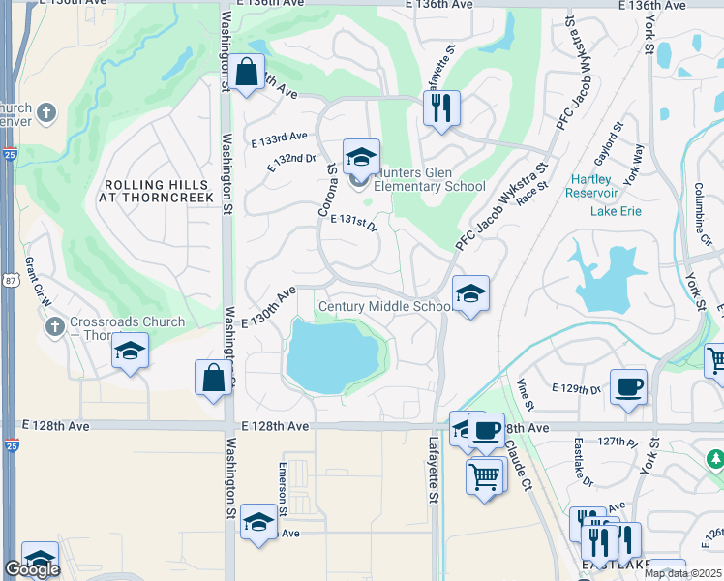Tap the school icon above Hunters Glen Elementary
(360, 156)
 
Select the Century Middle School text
(384, 307)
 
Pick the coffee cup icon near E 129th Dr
(628, 387)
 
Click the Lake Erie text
(617, 210)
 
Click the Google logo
(32, 569)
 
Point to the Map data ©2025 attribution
(681, 572)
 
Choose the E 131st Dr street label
(352, 222)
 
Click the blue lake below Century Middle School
(331, 354)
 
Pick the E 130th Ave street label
(269, 306)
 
